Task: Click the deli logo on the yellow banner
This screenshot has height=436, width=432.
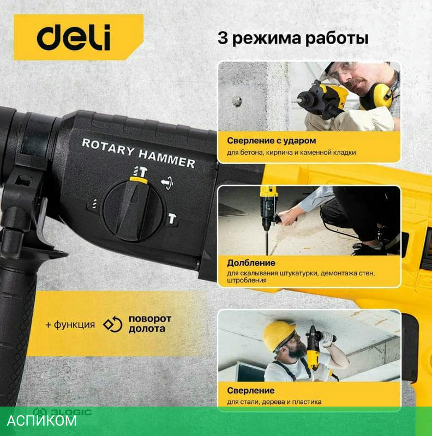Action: pos(74,38)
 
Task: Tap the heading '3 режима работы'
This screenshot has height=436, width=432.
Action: pos(293,38)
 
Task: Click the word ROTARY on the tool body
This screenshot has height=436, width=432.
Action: pos(108,147)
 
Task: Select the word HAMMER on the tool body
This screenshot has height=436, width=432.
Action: pos(167,158)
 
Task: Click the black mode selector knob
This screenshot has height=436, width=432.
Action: pos(134,210)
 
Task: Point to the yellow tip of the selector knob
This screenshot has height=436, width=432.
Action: pos(139,180)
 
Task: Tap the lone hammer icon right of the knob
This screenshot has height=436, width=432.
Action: pos(172,219)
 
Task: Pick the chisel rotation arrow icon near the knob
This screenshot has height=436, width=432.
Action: pos(167,183)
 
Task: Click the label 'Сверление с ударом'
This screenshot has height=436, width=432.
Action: pos(272,141)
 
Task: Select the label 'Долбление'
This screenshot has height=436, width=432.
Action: pos(251,263)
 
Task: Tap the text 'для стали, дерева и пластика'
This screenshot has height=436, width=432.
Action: pos(274,402)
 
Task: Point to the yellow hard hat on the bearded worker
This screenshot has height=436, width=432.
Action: pos(279,335)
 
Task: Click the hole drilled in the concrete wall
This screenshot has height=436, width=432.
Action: pos(237,101)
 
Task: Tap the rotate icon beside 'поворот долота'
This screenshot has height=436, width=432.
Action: pos(113,324)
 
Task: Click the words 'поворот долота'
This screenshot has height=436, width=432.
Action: pos(150,324)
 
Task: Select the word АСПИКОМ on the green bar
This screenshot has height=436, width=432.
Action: pos(42,421)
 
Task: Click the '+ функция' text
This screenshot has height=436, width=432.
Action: pos(70,324)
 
